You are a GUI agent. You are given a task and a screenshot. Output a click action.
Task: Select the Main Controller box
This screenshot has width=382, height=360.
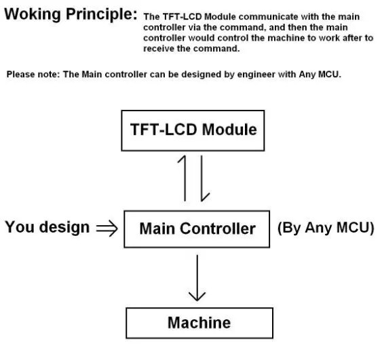[197, 228]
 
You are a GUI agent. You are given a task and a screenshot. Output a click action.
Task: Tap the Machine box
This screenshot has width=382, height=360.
[199, 323]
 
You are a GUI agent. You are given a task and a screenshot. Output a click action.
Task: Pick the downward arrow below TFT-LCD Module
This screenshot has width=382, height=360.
[202, 178]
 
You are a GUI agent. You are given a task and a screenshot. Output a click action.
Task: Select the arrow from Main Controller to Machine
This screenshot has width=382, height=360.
[197, 277]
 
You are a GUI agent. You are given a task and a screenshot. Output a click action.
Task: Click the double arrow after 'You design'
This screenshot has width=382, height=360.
[107, 228]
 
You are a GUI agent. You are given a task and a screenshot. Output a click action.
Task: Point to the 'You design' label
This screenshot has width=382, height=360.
[47, 227]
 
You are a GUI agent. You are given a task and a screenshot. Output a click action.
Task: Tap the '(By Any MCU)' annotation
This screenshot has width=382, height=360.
[326, 228]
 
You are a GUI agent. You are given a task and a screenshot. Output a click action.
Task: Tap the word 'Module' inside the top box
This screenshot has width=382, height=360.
[229, 129]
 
